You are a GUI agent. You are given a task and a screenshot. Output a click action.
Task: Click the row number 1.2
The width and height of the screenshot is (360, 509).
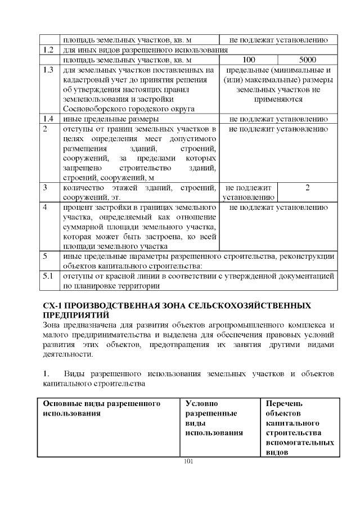[x=48, y=50]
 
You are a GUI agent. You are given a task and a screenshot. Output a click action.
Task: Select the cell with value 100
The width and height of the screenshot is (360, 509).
[x=248, y=60]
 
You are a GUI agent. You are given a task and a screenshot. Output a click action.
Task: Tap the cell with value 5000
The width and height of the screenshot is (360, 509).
[x=308, y=60]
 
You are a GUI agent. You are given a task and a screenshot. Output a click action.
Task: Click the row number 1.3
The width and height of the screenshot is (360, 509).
[x=48, y=70]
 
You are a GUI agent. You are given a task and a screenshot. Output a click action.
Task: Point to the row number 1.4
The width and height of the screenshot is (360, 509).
[x=48, y=119]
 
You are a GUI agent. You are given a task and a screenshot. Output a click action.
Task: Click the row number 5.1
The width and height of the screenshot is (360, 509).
[x=48, y=276]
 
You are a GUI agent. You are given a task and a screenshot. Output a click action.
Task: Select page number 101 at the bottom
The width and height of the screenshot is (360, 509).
[x=188, y=462]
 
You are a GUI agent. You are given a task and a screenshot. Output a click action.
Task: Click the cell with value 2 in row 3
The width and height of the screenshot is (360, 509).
[x=308, y=187]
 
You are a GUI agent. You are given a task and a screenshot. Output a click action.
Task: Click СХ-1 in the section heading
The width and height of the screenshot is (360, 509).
[x=54, y=306]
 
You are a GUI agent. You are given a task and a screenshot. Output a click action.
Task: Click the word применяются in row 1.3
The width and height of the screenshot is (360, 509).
[x=277, y=100]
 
